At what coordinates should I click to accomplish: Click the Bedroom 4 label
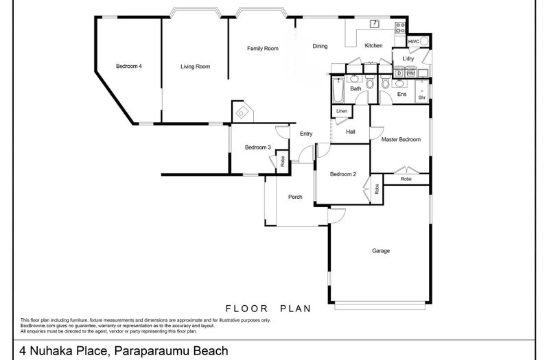[x=129, y=67]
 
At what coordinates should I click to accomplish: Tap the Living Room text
[x=195, y=67]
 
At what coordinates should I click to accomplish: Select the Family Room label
[x=263, y=49]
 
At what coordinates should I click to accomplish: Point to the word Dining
[x=320, y=47]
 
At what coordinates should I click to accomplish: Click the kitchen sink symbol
[x=374, y=24]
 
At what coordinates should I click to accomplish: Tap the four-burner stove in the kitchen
[x=399, y=27]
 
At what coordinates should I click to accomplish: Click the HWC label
[x=413, y=42]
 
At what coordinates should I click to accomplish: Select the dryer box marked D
[x=399, y=73]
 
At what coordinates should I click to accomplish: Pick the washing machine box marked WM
[x=410, y=73]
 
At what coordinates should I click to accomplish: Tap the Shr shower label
[x=422, y=97]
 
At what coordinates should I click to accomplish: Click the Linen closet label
[x=341, y=111]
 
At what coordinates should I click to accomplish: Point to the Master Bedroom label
[x=401, y=139]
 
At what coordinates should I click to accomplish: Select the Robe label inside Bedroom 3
[x=282, y=162]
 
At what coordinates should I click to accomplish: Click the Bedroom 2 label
[x=343, y=174]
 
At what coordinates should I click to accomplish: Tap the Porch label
[x=295, y=197]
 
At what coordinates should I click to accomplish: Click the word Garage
[x=381, y=251]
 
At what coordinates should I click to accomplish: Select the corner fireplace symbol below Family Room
[x=243, y=112]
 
